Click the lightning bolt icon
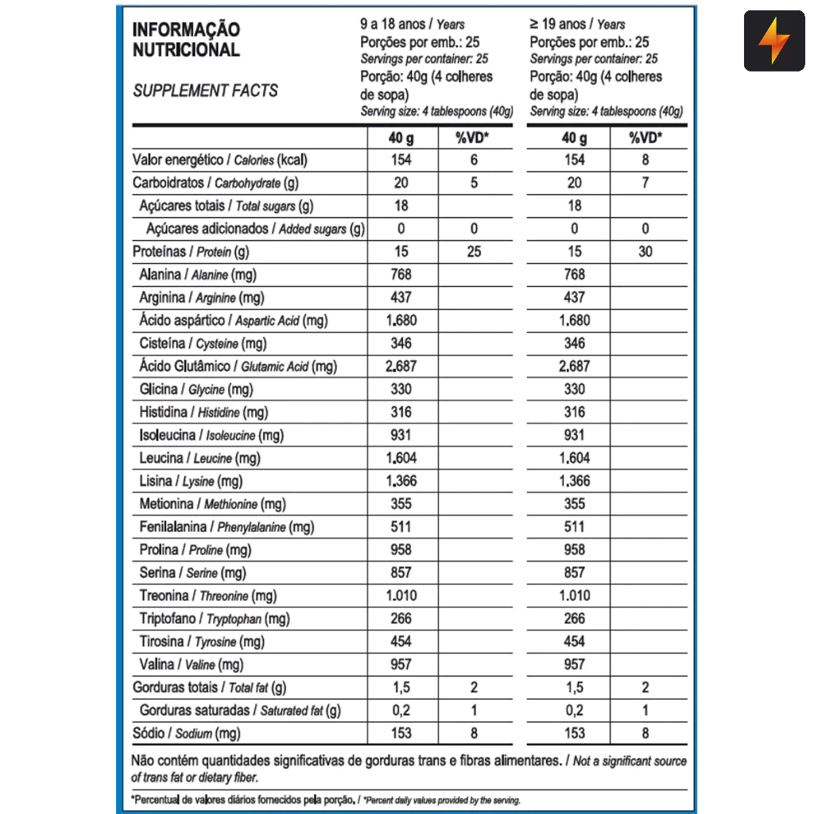click(x=773, y=41)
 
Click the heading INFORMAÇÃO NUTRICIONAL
click(x=186, y=40)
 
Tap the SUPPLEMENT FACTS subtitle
click(x=205, y=91)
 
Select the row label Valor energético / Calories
click(x=219, y=160)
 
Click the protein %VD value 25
click(x=474, y=252)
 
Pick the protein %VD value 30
click(x=645, y=252)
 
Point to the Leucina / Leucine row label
click(x=200, y=458)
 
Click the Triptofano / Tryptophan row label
click(x=214, y=618)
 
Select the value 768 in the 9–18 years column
click(x=401, y=274)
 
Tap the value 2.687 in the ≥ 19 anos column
click(x=574, y=366)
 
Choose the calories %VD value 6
click(x=474, y=160)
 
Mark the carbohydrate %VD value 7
click(x=645, y=183)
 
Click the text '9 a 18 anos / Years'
click(x=413, y=25)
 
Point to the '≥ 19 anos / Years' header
click(x=578, y=25)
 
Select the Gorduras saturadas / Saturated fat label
click(x=239, y=710)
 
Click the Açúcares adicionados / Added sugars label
click(x=255, y=229)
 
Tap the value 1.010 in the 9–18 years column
click(x=401, y=595)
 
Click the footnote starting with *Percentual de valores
click(x=326, y=799)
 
